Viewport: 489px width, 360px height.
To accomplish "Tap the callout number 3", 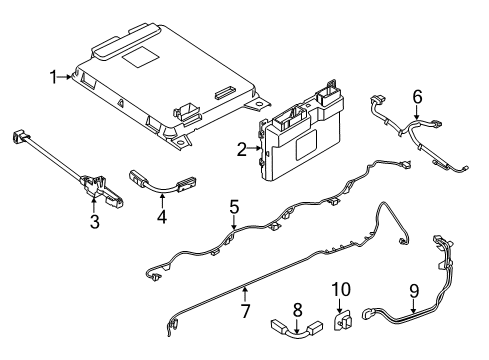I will (x=94, y=222).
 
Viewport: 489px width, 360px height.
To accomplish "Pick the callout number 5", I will (x=234, y=207).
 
